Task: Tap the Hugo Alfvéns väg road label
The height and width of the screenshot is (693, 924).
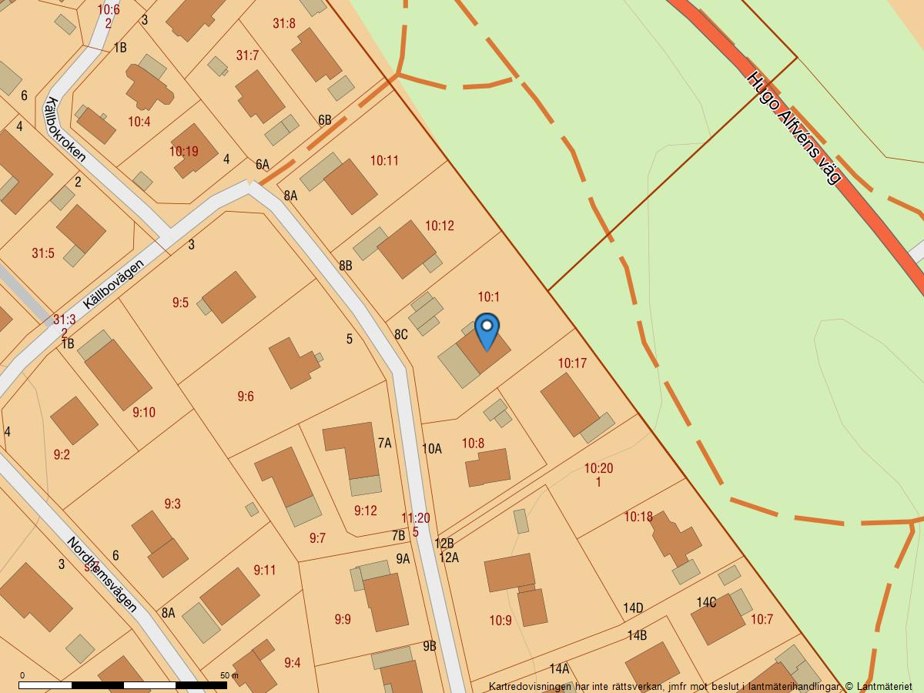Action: [794, 128]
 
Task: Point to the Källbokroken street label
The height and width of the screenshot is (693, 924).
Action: [65, 129]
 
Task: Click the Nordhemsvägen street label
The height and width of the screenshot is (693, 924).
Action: [102, 574]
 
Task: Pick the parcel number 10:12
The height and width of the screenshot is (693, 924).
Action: [440, 226]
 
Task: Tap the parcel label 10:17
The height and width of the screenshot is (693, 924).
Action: [572, 363]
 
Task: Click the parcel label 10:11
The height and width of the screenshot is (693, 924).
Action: [384, 160]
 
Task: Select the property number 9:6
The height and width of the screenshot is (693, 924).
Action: [245, 397]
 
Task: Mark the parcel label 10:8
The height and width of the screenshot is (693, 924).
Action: [473, 444]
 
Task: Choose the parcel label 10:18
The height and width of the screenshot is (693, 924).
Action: [638, 517]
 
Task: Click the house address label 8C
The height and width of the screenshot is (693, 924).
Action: [401, 334]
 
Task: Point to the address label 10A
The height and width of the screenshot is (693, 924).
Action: [432, 449]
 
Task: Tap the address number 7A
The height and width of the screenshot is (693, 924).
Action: [384, 443]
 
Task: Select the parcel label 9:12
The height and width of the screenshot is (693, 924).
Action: [366, 511]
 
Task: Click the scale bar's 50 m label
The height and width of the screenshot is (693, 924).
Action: [229, 675]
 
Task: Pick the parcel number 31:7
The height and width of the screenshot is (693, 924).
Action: [247, 55]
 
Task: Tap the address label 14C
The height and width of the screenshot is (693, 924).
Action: [706, 602]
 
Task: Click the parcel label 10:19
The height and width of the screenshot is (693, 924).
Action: [184, 152]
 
